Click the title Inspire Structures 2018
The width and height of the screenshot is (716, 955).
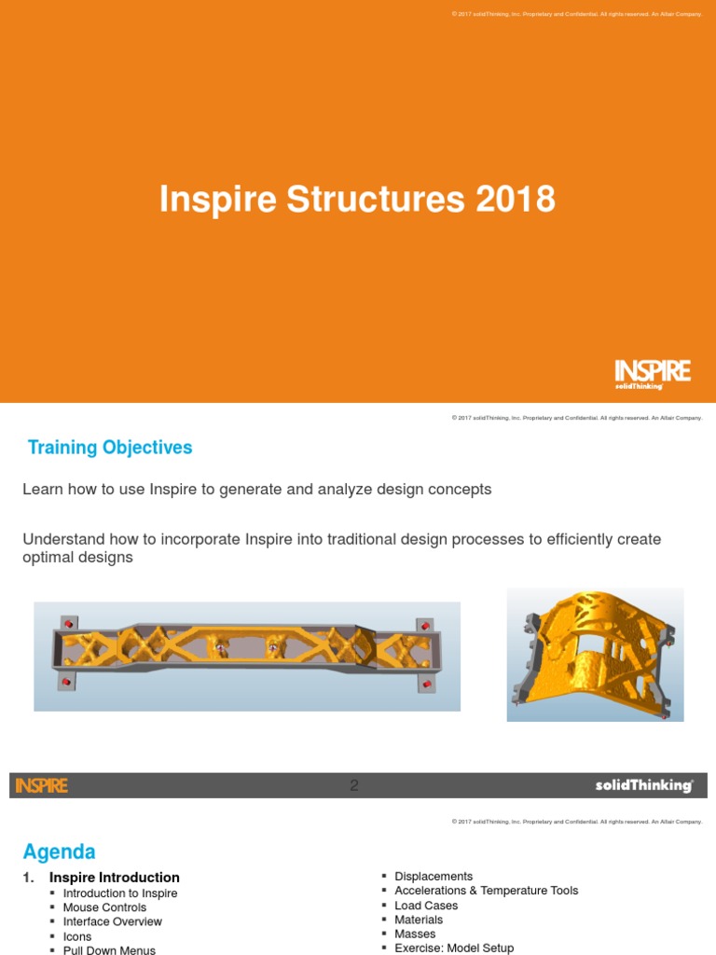357,200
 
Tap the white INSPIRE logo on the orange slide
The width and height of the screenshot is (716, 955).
653,373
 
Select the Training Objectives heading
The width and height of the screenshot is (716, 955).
110,448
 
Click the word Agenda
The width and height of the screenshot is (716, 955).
59,851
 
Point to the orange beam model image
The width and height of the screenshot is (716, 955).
247,656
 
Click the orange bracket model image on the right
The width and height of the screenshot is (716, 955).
595,654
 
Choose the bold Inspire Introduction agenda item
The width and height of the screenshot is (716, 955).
115,878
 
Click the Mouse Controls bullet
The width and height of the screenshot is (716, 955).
104,907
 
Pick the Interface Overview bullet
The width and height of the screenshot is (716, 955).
112,921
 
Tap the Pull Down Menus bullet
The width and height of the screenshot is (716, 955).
109,950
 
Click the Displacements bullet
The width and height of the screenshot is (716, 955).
434,877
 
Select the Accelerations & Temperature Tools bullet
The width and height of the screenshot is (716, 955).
486,891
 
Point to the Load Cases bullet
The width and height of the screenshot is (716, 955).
426,906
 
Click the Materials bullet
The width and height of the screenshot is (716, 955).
419,920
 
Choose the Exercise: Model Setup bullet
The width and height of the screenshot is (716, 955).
454,948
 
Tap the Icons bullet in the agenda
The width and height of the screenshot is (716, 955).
77,936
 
